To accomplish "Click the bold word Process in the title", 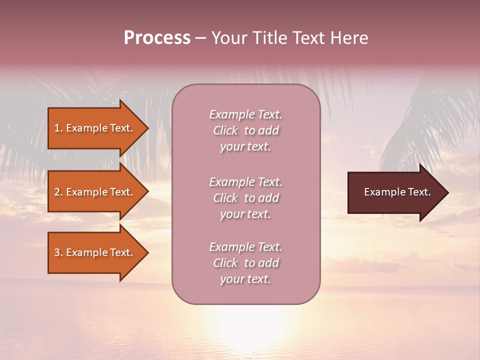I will [x=157, y=38].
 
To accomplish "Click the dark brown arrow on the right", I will [x=390, y=192].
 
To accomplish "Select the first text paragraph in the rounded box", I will [x=245, y=130].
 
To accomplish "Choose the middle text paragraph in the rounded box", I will [x=245, y=198].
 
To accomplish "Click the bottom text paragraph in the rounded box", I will [x=245, y=263].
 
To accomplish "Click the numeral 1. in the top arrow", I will [x=58, y=128].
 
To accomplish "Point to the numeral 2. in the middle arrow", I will [x=58, y=192].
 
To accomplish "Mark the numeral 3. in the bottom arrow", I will [x=58, y=252].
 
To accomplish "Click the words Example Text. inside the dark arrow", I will [x=397, y=192].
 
